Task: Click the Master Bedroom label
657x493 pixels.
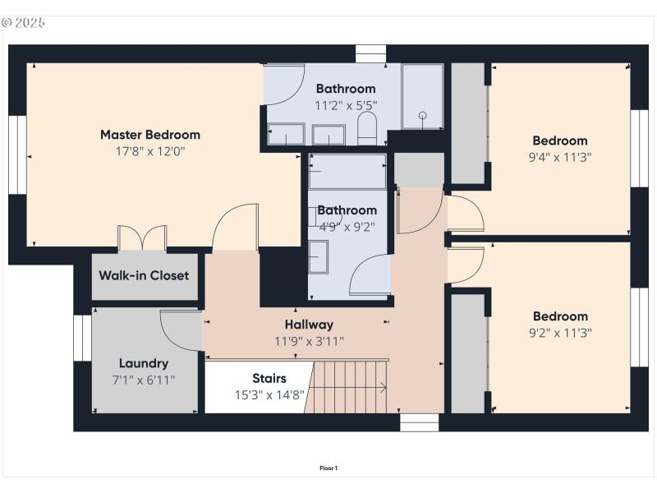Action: (149, 135)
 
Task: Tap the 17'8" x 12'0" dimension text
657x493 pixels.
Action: (149, 151)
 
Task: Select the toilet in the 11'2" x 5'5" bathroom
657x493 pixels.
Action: (367, 128)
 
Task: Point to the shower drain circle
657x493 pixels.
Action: (423, 116)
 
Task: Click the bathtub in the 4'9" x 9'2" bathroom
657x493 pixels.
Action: (347, 172)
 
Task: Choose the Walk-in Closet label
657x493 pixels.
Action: (144, 275)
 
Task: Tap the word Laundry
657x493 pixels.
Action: (144, 363)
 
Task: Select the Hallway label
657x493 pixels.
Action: (309, 325)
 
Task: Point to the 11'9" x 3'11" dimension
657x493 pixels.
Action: (309, 341)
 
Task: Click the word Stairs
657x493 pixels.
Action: (269, 379)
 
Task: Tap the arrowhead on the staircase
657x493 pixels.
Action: (384, 388)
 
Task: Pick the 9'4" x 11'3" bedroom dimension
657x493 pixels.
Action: (560, 157)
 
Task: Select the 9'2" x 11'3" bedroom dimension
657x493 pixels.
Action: (560, 333)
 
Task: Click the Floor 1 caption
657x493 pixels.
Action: (328, 468)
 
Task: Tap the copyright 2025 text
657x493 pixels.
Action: (25, 22)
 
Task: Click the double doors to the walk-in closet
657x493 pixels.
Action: (142, 237)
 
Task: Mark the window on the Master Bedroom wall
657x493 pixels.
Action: (17, 154)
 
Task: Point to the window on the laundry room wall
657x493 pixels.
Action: (82, 338)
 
